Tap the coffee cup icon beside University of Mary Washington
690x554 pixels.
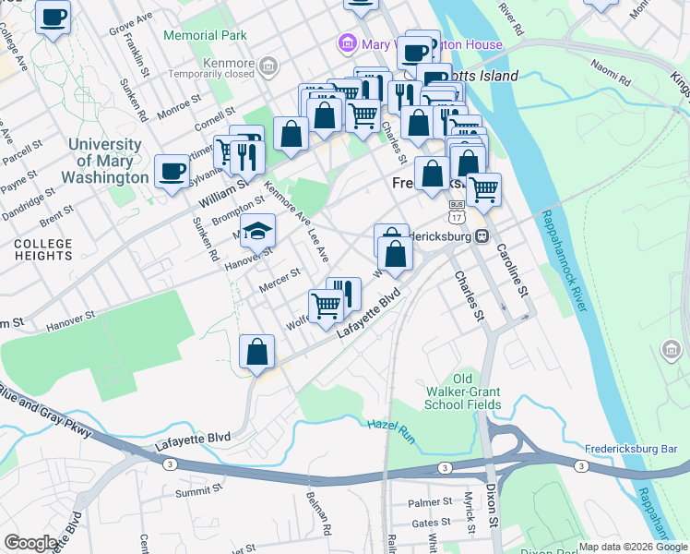coord(172,172)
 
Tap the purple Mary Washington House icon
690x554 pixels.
coord(348,43)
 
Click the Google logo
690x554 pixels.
coord(30,543)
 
